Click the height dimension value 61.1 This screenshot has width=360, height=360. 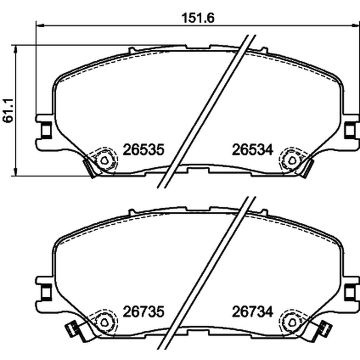tap(8, 111)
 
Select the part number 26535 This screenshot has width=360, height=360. tap(144, 150)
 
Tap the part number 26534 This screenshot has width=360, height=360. tap(252, 150)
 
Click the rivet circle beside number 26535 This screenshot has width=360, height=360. tap(105, 161)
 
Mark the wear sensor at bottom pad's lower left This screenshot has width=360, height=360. tap(71, 329)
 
